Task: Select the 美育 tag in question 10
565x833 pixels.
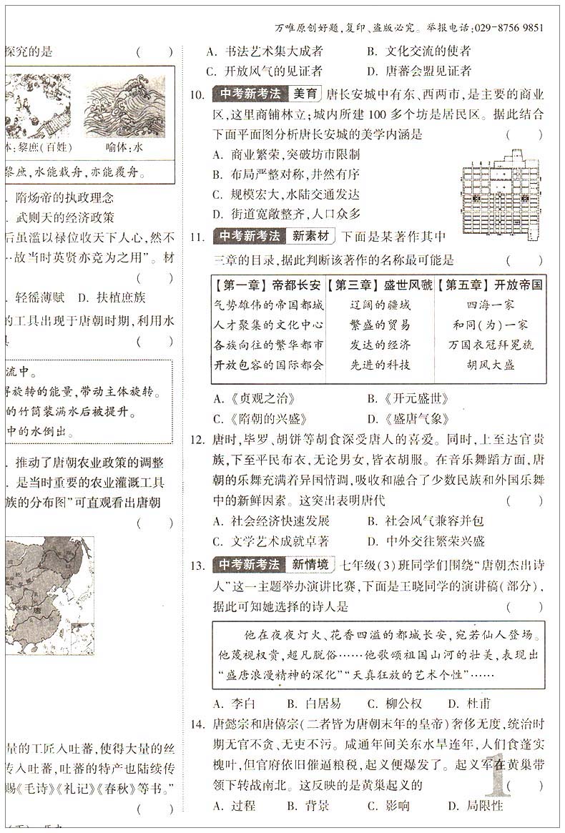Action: click(305, 94)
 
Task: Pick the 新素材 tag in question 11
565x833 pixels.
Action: click(310, 235)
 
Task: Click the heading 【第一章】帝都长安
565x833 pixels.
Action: click(268, 285)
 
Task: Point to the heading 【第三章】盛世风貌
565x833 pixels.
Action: click(379, 285)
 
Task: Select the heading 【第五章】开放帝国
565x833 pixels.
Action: click(491, 285)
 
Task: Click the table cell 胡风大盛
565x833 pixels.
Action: click(491, 365)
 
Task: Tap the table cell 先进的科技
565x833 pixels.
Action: click(380, 365)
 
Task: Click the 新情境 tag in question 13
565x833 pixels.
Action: click(310, 565)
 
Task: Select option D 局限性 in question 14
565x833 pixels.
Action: click(476, 806)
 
